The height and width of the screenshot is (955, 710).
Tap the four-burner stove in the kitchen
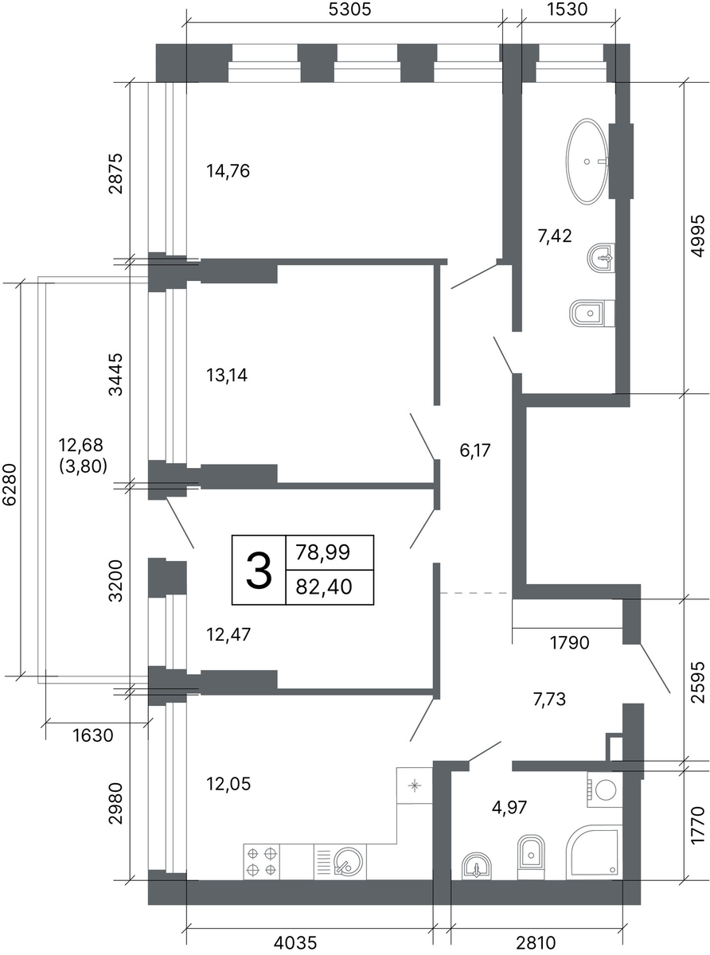(x=262, y=861)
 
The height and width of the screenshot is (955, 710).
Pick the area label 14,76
(x=228, y=171)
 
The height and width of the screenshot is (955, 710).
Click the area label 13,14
(x=227, y=376)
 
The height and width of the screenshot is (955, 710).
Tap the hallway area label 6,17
(x=475, y=450)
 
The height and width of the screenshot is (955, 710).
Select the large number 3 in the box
(x=259, y=571)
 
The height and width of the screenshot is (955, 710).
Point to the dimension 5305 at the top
(x=349, y=9)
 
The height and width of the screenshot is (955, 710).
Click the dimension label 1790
(x=570, y=643)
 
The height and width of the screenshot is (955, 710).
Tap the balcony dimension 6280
(x=9, y=485)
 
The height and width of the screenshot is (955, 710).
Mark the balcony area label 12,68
(x=80, y=445)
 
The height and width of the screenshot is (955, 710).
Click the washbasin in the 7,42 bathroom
(x=601, y=259)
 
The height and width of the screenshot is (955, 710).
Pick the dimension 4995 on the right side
(x=698, y=236)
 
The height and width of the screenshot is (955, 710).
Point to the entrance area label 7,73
(x=549, y=700)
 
